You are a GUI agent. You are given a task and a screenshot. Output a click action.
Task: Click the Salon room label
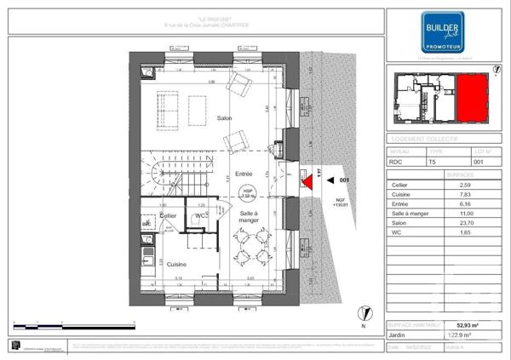pyautogui.click(x=225, y=118)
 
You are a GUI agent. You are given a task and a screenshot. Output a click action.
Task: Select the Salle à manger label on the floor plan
pyautogui.click(x=249, y=217)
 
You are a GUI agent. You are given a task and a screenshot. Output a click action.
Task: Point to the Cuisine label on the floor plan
pyautogui.click(x=177, y=265)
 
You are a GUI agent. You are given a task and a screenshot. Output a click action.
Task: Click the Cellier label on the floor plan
pyautogui.click(x=168, y=216)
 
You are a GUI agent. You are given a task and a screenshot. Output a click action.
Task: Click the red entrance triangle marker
pyautogui.click(x=306, y=180)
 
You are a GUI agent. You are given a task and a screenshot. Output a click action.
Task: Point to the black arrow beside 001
pyautogui.click(x=331, y=180)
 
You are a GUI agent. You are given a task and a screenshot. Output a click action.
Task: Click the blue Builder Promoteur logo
pyautogui.click(x=444, y=32)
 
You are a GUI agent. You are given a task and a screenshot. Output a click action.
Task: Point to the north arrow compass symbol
pyautogui.click(x=363, y=314)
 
